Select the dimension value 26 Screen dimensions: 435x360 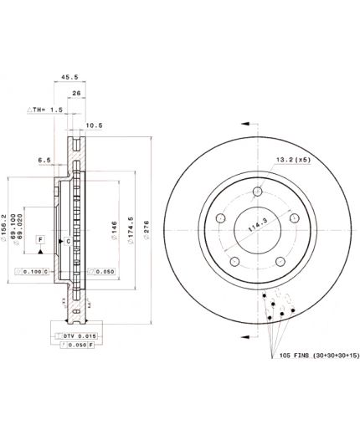pyautogui.click(x=77, y=93)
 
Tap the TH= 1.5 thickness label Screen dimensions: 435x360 pyautogui.click(x=47, y=110)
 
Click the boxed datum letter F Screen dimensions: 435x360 pyautogui.click(x=39, y=240)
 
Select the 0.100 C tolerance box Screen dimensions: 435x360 pyautogui.click(x=32, y=271)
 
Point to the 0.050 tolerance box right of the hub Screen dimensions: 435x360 pyautogui.click(x=101, y=271)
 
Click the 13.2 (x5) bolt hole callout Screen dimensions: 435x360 pyautogui.click(x=294, y=158)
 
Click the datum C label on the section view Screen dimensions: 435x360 pyautogui.click(x=69, y=241)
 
